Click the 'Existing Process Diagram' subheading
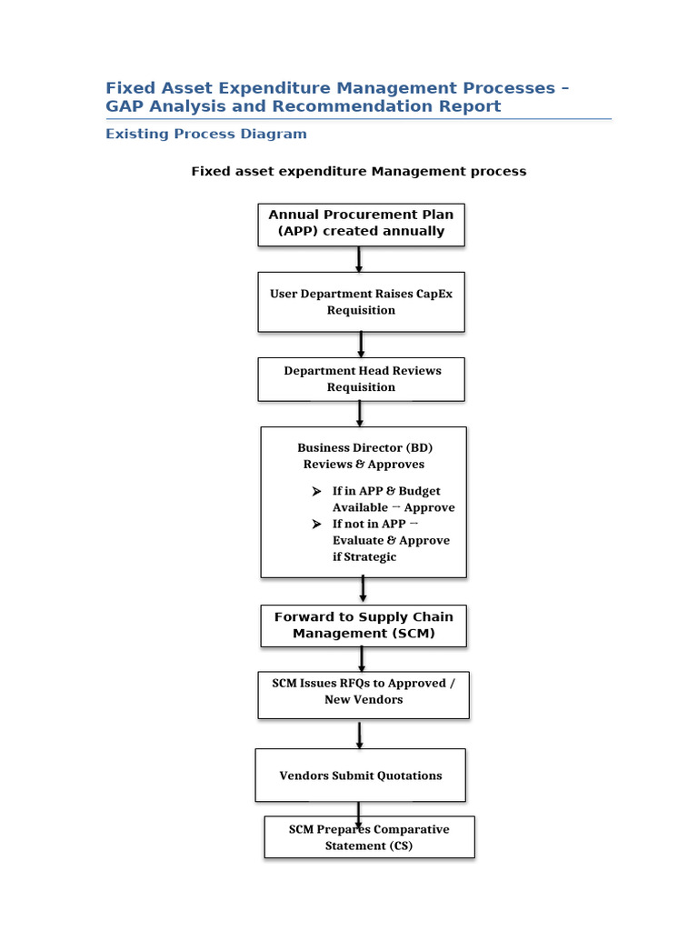click(x=206, y=134)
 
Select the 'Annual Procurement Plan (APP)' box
click(x=361, y=223)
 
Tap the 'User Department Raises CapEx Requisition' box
click(x=361, y=302)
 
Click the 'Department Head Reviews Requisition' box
click(x=361, y=379)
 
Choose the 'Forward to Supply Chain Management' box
click(x=363, y=625)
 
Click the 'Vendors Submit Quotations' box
click(x=361, y=776)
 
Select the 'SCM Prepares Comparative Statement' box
click(x=369, y=837)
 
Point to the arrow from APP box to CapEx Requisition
click(x=359, y=259)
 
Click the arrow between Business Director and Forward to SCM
click(x=364, y=590)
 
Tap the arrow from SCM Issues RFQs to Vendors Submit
click(x=360, y=734)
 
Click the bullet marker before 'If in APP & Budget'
click(x=316, y=491)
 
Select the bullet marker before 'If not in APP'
click(x=316, y=525)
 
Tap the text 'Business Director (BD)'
click(x=364, y=447)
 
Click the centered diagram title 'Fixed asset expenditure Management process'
click(x=358, y=171)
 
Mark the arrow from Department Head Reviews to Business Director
click(x=360, y=414)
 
